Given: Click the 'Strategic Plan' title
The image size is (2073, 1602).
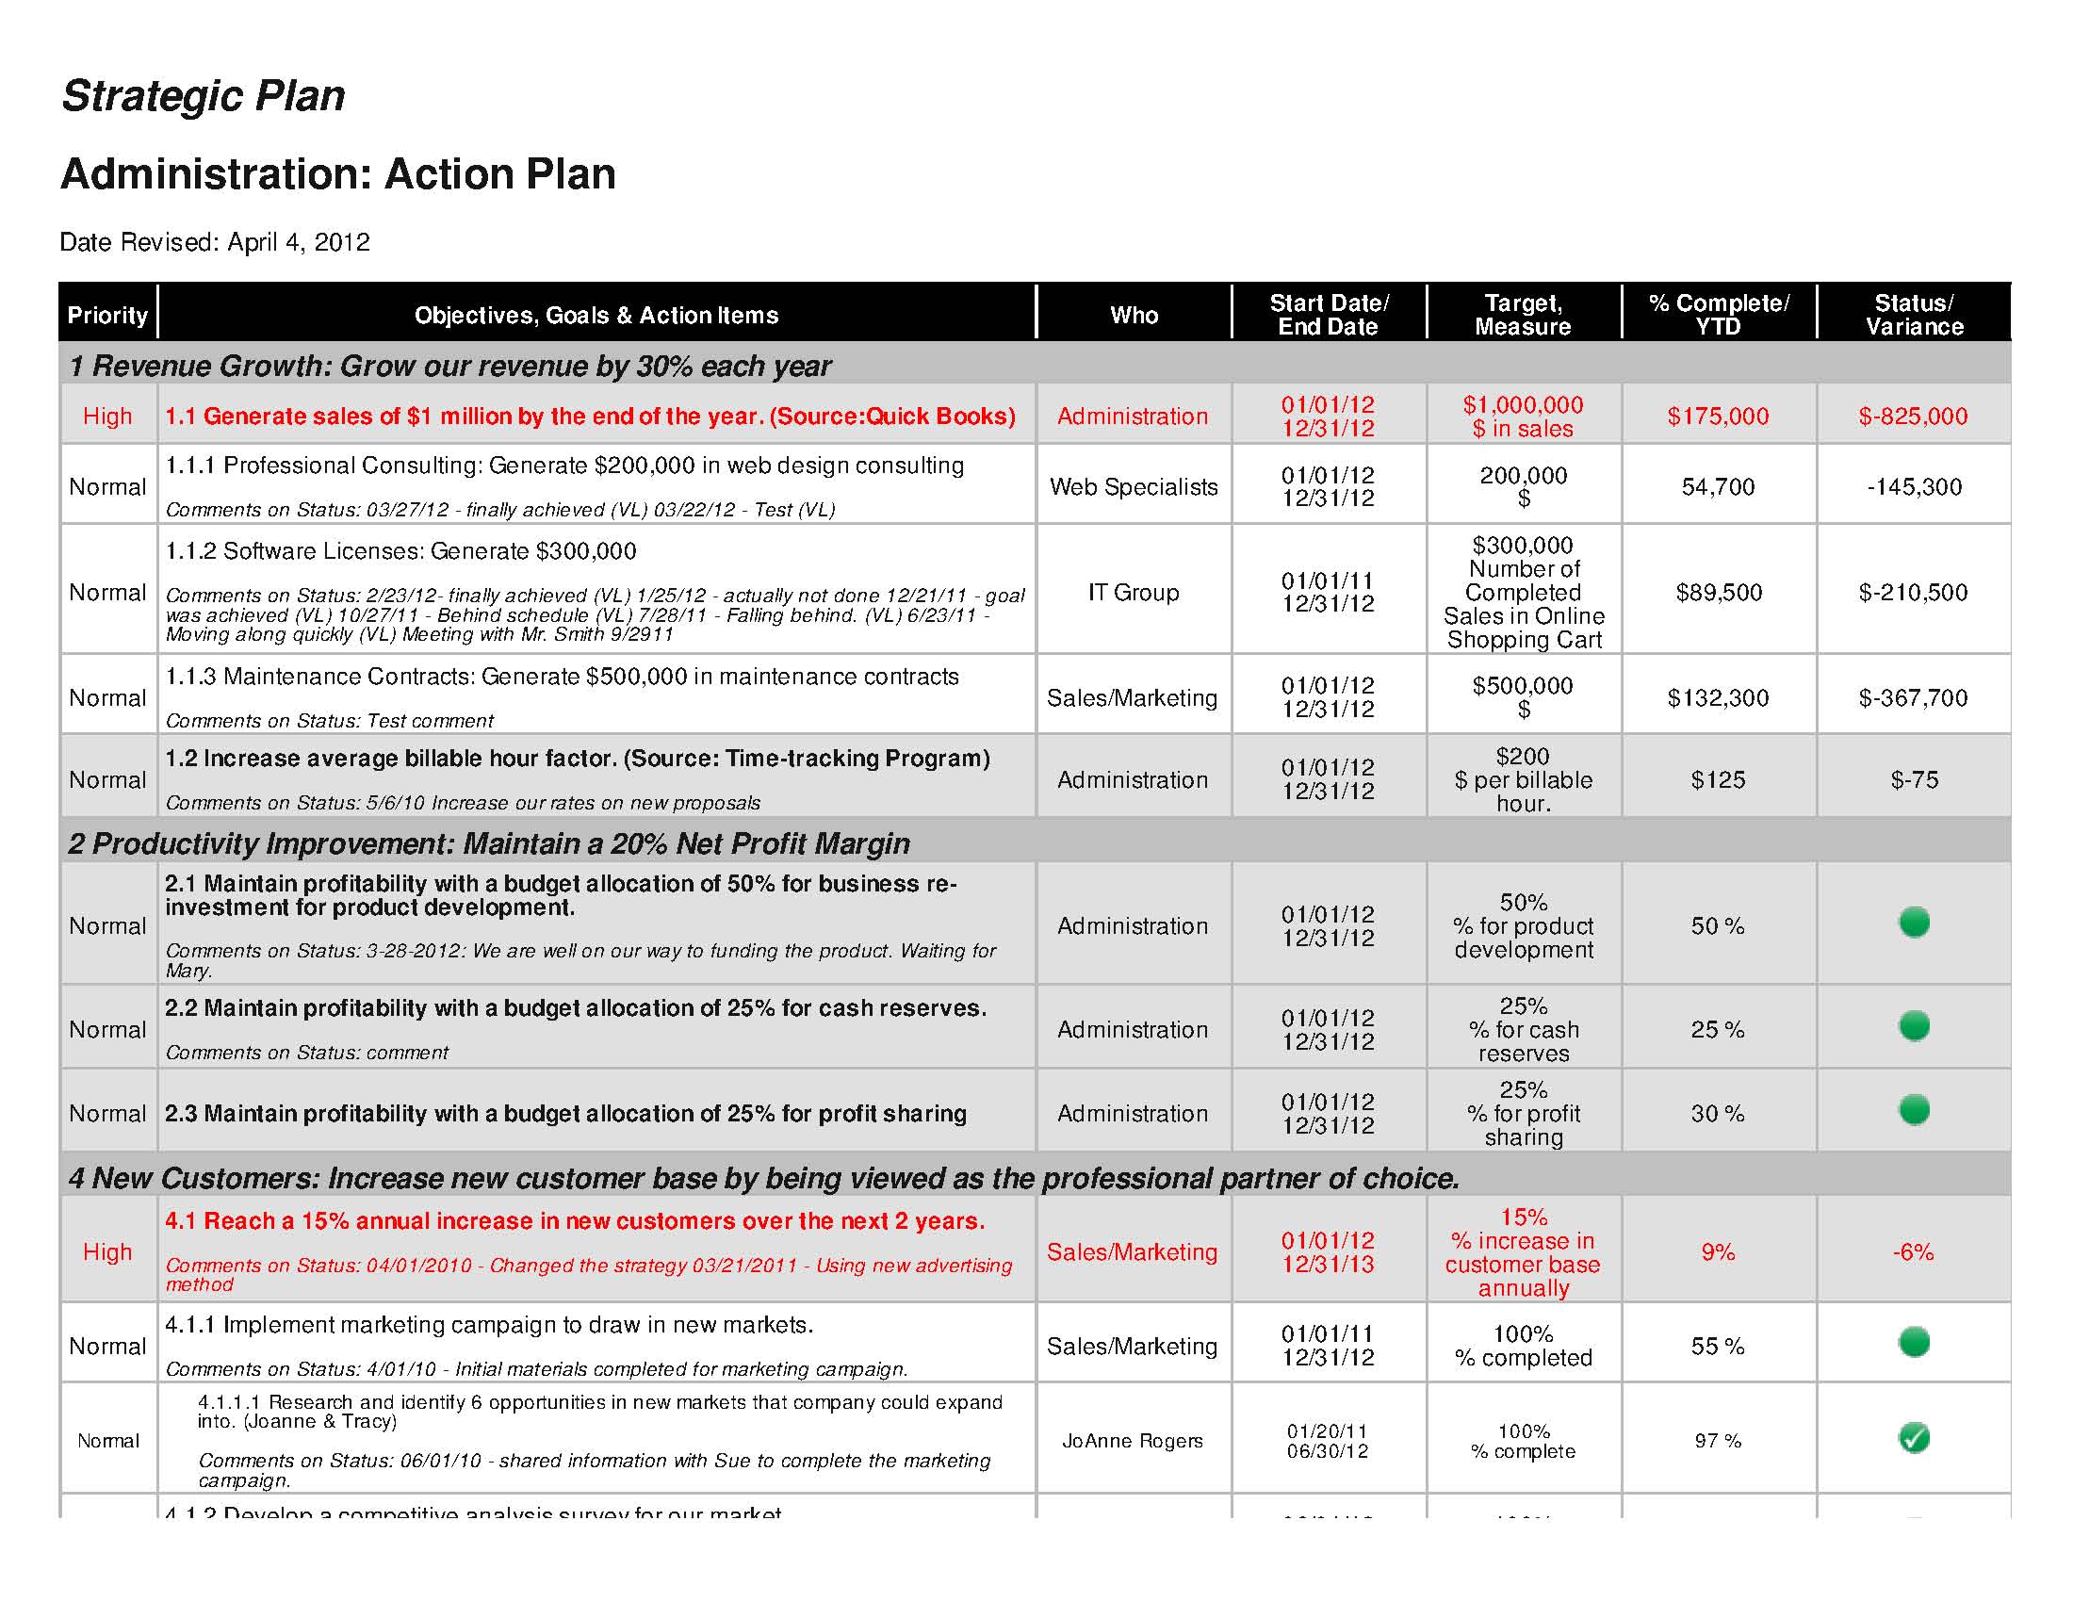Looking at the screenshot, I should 204,96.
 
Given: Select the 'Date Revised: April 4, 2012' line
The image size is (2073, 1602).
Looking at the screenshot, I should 215,242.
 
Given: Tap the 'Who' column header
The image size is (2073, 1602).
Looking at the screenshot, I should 1134,315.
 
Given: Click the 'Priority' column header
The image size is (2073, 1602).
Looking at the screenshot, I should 107,315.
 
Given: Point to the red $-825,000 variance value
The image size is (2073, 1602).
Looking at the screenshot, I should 1913,416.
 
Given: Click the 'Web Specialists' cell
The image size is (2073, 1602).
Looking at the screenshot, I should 1134,487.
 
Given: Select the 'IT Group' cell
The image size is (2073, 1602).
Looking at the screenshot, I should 1134,592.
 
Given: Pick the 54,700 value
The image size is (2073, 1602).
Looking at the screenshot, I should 1718,487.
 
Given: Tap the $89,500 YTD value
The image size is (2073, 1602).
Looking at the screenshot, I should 1718,592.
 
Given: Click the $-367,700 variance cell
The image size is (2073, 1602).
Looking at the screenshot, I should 1913,697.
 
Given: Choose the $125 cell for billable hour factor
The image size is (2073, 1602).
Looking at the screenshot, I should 1718,780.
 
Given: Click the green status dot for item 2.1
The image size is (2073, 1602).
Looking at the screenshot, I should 1914,922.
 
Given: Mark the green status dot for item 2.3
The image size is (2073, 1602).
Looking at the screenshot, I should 1914,1109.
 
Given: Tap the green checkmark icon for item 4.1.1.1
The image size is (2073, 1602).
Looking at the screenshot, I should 1914,1438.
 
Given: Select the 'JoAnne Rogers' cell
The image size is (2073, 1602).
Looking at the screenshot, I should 1133,1441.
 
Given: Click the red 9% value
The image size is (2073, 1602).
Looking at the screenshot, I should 1718,1251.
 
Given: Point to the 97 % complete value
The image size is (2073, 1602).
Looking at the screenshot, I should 1718,1441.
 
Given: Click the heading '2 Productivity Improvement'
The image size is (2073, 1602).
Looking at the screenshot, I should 489,843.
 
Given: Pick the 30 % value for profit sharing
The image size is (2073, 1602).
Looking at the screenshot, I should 1718,1113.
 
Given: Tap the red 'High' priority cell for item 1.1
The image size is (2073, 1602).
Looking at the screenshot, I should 107,416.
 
